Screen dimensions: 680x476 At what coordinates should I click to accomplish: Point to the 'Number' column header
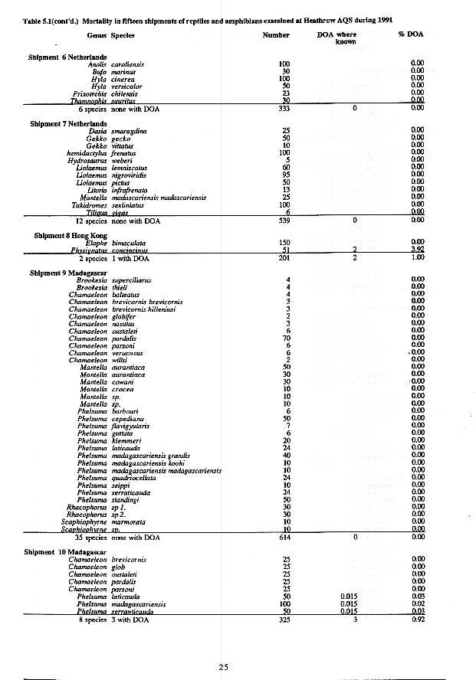pyautogui.click(x=276, y=35)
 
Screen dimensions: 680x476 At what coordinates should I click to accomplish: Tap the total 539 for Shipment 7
pyautogui.click(x=284, y=221)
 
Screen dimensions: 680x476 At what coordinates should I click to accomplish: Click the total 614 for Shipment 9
pyautogui.click(x=284, y=538)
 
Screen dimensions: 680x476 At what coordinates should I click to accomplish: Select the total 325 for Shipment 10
pyautogui.click(x=284, y=619)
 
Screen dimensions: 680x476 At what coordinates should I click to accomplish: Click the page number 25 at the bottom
pyautogui.click(x=223, y=668)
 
